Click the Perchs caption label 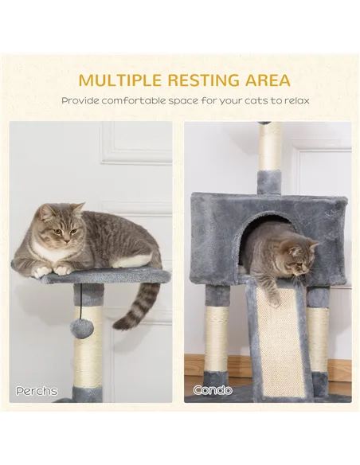[37, 391]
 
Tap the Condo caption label [212, 390]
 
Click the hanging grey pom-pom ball [81, 327]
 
